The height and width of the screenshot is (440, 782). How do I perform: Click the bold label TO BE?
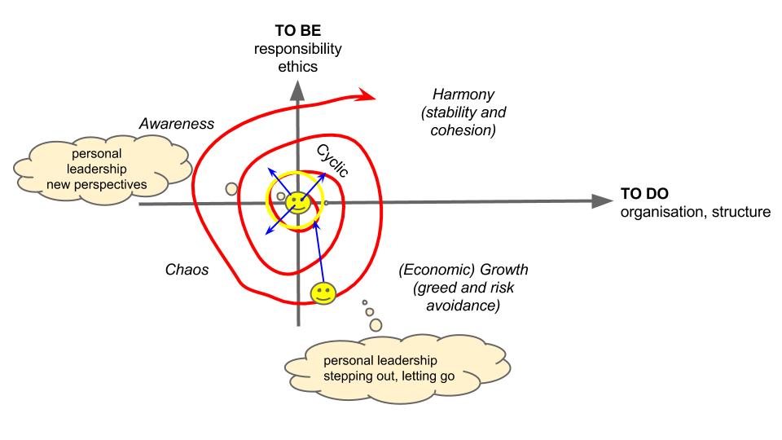tap(297, 32)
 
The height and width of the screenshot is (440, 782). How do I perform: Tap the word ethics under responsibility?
tap(297, 67)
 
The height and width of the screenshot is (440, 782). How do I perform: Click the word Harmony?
tap(453, 94)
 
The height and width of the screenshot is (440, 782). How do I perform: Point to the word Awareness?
tap(176, 124)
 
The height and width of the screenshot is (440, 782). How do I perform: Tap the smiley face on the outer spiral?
tap(323, 293)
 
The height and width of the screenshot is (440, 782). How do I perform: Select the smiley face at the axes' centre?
tap(297, 203)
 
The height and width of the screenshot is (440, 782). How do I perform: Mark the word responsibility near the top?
tap(297, 49)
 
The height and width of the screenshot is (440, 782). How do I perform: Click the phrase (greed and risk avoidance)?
tap(456, 297)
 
